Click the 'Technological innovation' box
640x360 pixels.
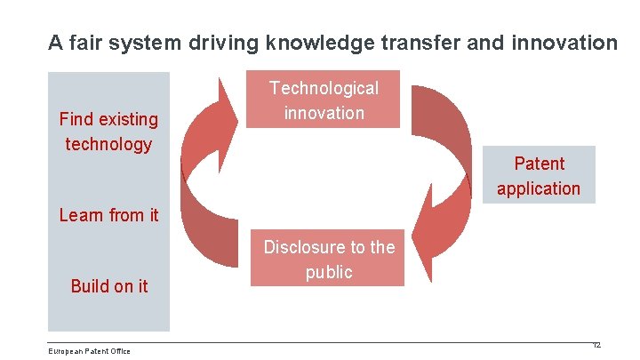coord(324,100)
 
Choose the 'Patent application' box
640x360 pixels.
coord(539,175)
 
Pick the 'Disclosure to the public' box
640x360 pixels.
coord(328,260)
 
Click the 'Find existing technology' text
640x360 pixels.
coord(108,132)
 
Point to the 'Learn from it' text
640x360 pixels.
coord(108,214)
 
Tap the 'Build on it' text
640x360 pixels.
coord(109,286)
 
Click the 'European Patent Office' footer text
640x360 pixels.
coord(89,351)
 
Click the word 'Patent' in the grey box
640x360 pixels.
coord(539,164)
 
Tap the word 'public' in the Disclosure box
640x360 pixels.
coord(329,272)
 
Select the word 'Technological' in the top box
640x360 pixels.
coord(324,88)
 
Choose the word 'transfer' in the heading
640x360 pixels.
coord(432,42)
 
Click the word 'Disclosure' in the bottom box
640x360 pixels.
coord(302,247)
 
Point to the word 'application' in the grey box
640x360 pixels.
coord(539,188)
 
